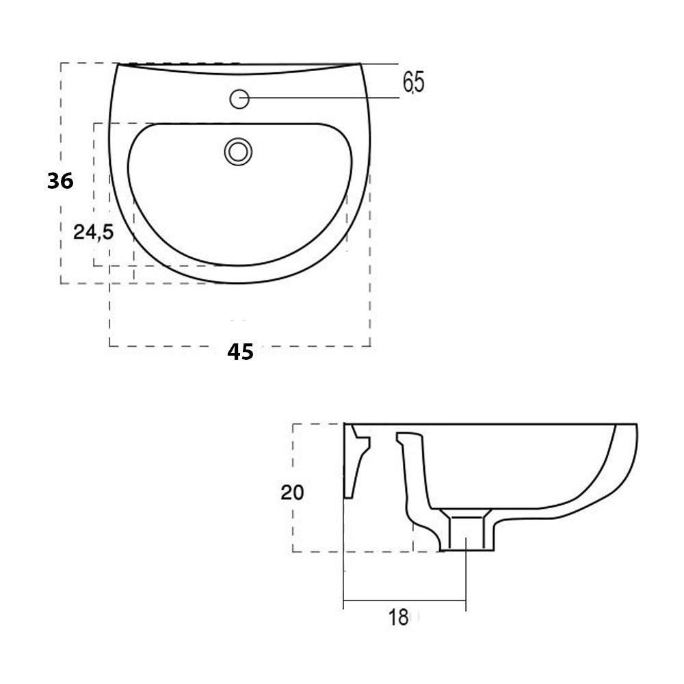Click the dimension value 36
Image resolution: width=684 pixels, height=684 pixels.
60,181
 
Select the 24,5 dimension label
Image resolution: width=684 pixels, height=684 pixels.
94,233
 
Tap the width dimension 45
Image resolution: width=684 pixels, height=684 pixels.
240,352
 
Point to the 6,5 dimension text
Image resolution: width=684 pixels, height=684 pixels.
413,83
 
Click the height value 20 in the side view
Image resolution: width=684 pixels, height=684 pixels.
292,492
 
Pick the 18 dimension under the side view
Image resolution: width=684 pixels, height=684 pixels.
398,618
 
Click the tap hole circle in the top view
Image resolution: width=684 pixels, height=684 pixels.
239,99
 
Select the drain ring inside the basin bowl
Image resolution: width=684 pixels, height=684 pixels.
239,150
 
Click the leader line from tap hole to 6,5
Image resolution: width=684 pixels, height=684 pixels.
321,98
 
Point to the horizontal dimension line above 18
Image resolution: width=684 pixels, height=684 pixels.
404,601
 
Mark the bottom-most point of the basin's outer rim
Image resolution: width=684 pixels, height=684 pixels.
239,282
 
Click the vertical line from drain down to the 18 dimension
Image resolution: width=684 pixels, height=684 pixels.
466,575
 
